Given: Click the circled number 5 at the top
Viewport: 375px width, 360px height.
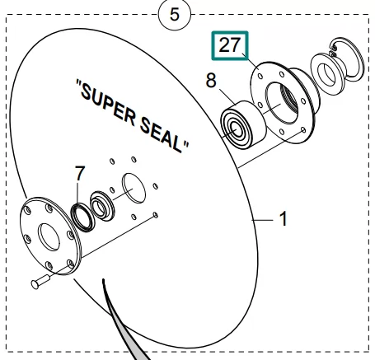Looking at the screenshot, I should tap(174, 14).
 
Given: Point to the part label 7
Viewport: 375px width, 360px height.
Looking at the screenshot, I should tap(79, 174).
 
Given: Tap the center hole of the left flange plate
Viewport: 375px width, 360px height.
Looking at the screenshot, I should tap(49, 238).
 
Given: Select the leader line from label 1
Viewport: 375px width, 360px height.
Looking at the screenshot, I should tap(264, 219).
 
